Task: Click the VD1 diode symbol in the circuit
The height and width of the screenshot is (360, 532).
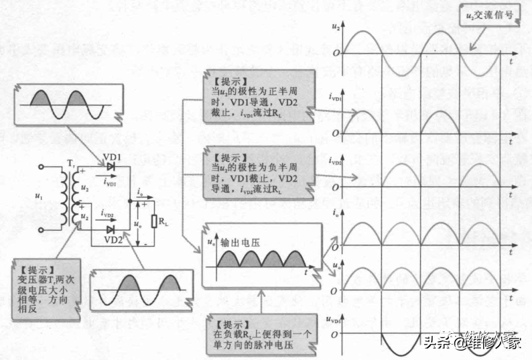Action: click(x=109, y=164)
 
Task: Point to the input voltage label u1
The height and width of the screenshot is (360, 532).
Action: click(x=38, y=196)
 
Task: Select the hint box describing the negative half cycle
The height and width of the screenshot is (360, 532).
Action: click(x=251, y=170)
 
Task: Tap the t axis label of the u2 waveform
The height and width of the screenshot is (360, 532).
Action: click(x=511, y=62)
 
